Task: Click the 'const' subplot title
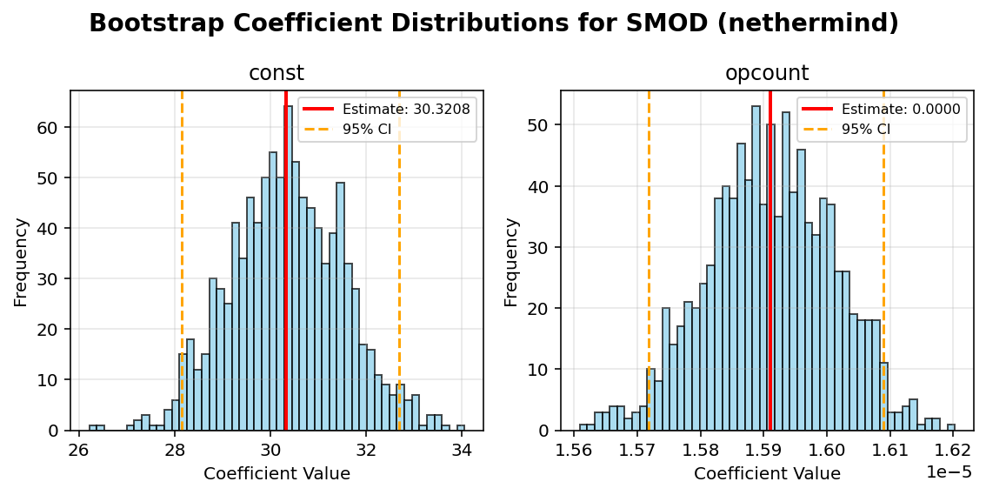[x=276, y=73]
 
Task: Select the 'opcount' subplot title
[x=767, y=73]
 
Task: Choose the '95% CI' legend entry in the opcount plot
[x=865, y=129]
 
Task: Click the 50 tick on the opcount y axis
[x=542, y=125]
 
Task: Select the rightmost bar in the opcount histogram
[x=951, y=427]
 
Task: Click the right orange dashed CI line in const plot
[x=399, y=261]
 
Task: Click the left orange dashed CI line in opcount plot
[x=649, y=261]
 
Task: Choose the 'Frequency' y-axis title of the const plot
[x=21, y=261]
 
